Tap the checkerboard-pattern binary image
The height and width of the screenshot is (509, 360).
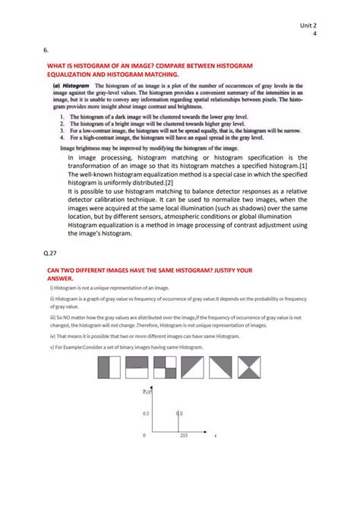165,368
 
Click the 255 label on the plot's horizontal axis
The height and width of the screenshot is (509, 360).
183,436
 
